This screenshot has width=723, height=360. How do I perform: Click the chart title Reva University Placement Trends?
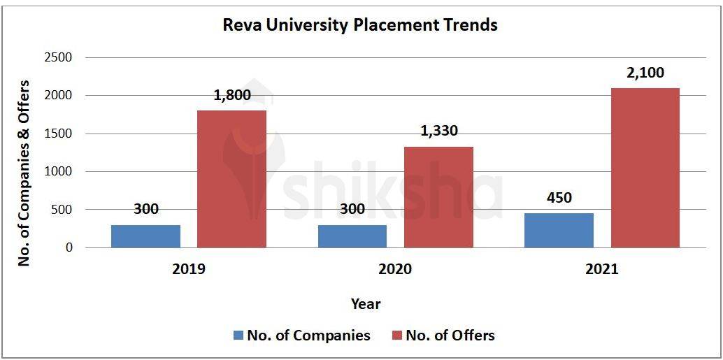click(360, 25)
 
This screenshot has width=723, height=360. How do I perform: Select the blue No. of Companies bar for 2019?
click(145, 236)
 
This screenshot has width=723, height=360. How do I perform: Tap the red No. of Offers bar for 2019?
click(231, 179)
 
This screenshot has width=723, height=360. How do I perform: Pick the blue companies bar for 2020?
click(352, 236)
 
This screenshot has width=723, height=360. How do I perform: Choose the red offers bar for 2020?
click(438, 197)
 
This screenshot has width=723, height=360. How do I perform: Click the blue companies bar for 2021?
click(559, 231)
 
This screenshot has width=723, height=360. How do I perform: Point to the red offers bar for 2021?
click(645, 168)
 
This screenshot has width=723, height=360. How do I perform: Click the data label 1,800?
click(231, 96)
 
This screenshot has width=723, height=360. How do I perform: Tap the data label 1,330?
click(438, 131)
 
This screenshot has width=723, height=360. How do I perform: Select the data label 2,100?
click(645, 73)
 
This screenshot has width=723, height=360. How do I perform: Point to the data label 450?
click(559, 198)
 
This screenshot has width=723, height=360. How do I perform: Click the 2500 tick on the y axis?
click(58, 57)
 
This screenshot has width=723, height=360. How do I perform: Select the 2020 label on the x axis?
click(395, 269)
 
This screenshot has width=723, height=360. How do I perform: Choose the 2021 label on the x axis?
click(601, 269)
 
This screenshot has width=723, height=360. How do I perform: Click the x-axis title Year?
click(366, 303)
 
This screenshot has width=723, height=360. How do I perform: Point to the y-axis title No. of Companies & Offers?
click(24, 172)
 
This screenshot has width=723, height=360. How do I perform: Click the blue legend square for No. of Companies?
click(238, 336)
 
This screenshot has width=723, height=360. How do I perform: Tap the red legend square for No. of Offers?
click(396, 336)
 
